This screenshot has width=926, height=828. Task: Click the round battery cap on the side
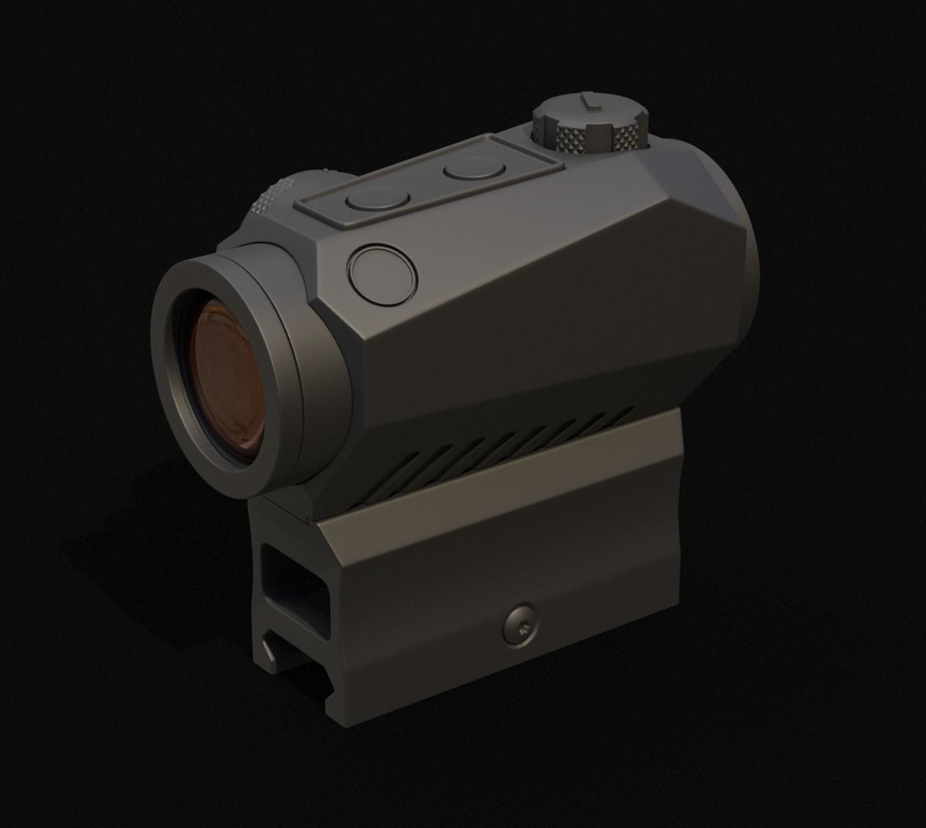[x=382, y=271]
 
